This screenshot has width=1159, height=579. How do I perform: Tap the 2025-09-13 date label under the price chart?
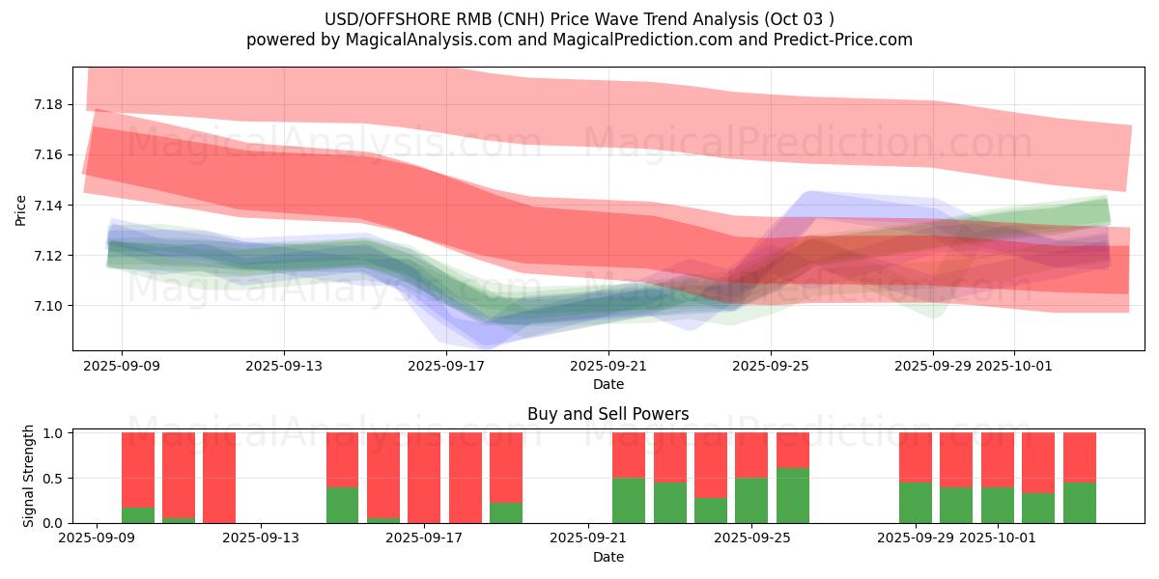[x=284, y=366]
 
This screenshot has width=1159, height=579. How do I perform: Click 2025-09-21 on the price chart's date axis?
[x=608, y=366]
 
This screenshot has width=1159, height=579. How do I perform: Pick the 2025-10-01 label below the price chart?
[x=1014, y=366]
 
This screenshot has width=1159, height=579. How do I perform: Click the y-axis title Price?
[x=21, y=210]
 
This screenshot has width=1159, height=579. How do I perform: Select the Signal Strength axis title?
[x=29, y=476]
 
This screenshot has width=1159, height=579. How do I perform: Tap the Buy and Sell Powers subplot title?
[x=608, y=414]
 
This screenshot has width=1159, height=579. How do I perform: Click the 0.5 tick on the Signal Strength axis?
[x=54, y=478]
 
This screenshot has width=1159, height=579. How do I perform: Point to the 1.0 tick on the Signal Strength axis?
[x=54, y=433]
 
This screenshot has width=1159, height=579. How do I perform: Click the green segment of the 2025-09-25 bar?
[x=792, y=496]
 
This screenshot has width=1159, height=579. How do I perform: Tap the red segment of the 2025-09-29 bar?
[x=915, y=457]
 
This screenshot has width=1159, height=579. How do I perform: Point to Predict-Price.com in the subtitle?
[x=844, y=40]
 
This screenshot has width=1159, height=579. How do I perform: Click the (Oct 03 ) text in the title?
[x=801, y=19]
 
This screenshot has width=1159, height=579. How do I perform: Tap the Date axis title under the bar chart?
[x=608, y=557]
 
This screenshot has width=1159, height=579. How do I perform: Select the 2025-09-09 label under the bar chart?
[x=97, y=538]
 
